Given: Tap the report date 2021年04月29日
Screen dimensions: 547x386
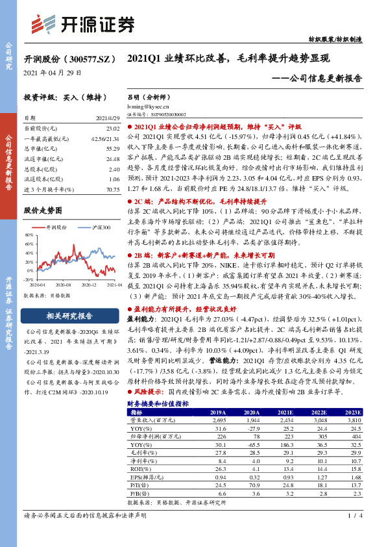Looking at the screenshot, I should point(52,73).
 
